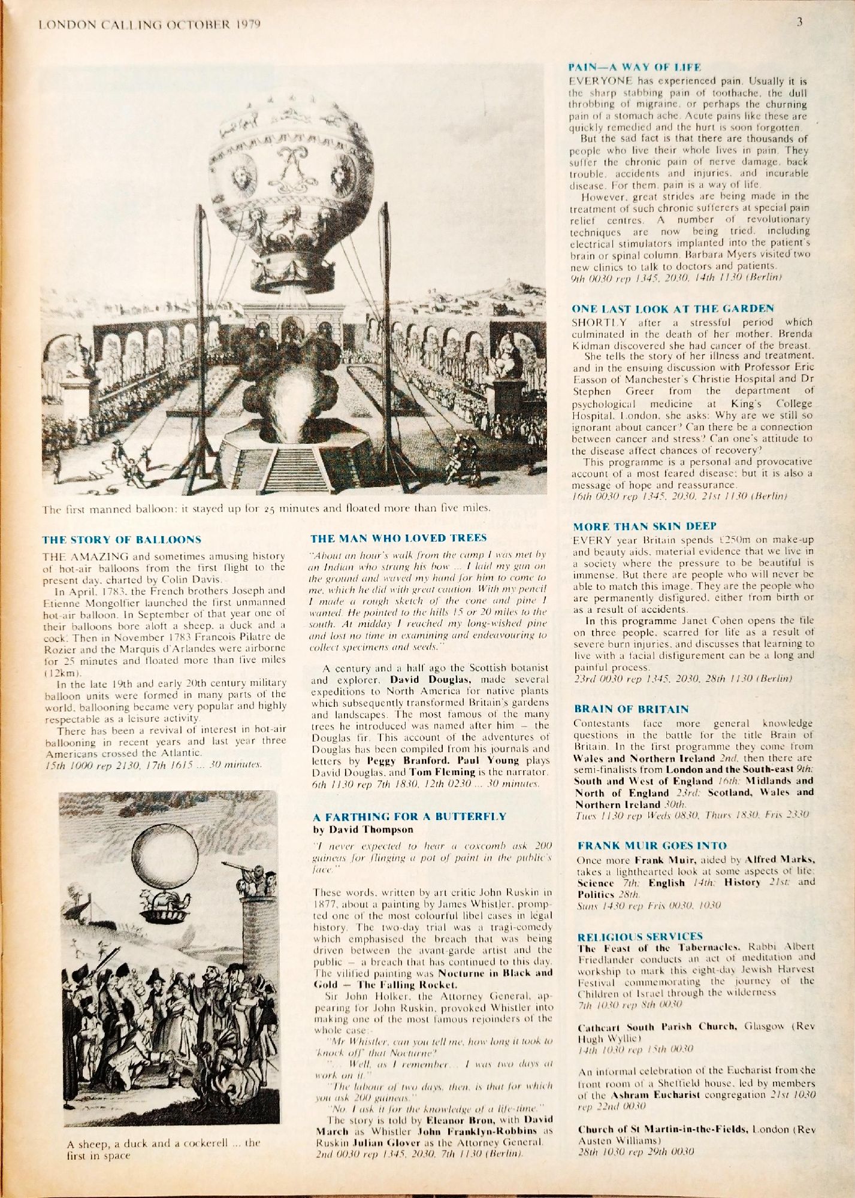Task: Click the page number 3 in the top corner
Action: click(800, 24)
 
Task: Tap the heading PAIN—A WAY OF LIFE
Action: click(635, 68)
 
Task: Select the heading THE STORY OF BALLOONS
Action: click(122, 539)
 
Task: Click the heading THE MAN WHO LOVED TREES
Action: click(399, 538)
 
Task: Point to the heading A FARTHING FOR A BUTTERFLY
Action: click(410, 816)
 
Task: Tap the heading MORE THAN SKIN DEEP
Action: click(645, 527)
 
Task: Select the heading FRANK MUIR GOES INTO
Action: click(652, 846)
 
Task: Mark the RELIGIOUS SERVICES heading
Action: click(640, 936)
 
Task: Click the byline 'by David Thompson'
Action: click(362, 830)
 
